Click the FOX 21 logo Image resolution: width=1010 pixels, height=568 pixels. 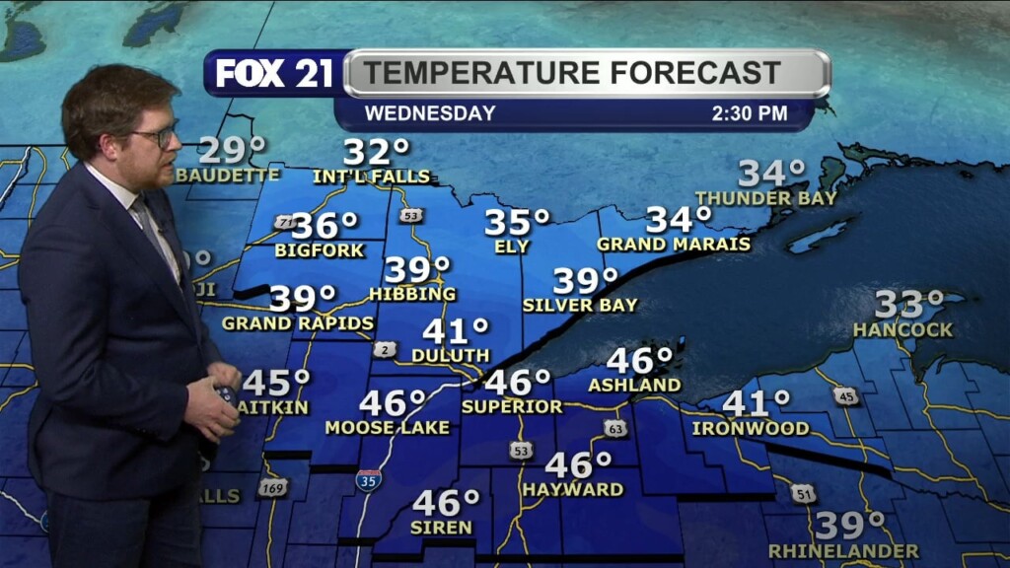coord(273,74)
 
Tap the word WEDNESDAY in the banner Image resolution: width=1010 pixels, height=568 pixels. coord(430,113)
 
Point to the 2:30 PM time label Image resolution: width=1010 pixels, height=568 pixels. coord(750,113)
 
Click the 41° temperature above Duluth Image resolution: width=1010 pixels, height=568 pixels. coord(456,331)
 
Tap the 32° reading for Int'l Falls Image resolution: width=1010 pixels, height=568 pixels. coord(376,153)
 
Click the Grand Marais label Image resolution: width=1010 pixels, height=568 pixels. coord(674,244)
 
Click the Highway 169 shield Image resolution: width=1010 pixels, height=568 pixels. coord(273,487)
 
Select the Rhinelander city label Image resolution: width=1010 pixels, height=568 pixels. coord(843,551)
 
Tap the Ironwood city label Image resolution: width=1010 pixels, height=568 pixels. coord(751,429)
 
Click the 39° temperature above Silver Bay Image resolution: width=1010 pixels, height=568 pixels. coord(585,281)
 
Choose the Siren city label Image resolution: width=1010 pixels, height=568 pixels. coord(442,528)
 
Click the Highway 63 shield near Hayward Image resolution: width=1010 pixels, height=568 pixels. coord(615,428)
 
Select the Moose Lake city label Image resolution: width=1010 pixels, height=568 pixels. coord(388,428)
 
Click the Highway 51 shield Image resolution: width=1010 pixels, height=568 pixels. coord(803,493)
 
